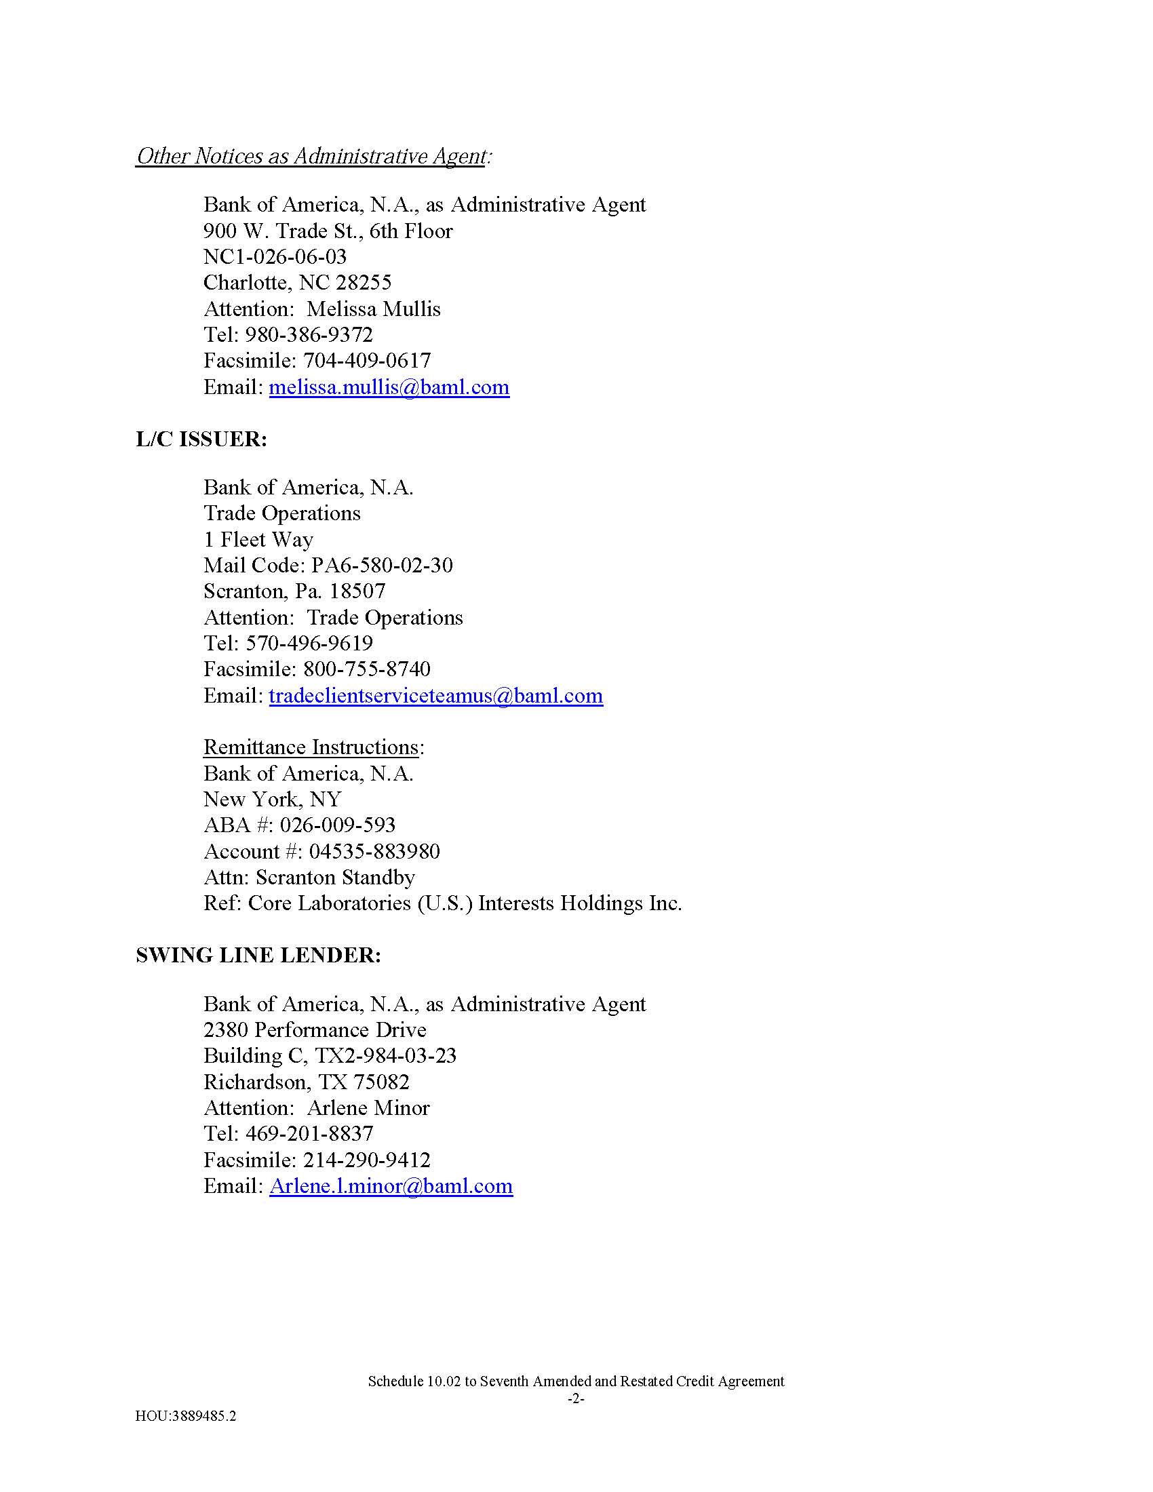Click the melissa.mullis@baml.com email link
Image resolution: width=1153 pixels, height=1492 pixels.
(x=389, y=387)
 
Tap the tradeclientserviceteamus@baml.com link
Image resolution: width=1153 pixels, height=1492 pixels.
(x=435, y=695)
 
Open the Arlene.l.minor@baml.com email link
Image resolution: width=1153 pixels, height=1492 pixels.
(x=391, y=1185)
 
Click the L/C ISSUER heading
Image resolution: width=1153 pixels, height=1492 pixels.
(x=201, y=439)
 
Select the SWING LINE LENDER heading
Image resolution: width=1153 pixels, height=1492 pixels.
(x=258, y=955)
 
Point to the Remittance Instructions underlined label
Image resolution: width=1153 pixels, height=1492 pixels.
(x=311, y=747)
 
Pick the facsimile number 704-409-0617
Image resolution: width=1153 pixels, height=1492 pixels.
(x=367, y=361)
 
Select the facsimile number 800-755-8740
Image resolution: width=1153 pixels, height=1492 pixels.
(x=367, y=669)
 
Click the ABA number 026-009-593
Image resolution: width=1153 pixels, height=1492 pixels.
(x=338, y=825)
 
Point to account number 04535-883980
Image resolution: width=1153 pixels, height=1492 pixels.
(x=374, y=851)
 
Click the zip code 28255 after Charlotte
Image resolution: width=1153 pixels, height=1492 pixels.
(x=364, y=283)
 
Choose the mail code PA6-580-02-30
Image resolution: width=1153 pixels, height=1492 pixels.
(x=382, y=565)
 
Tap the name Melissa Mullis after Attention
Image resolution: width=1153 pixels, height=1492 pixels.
(x=374, y=309)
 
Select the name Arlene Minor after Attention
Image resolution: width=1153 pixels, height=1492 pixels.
(x=368, y=1107)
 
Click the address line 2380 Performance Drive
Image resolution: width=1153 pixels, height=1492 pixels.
(x=315, y=1029)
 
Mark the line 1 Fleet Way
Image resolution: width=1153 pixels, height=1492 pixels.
(x=258, y=540)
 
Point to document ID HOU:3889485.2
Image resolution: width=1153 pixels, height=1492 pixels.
(x=186, y=1416)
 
